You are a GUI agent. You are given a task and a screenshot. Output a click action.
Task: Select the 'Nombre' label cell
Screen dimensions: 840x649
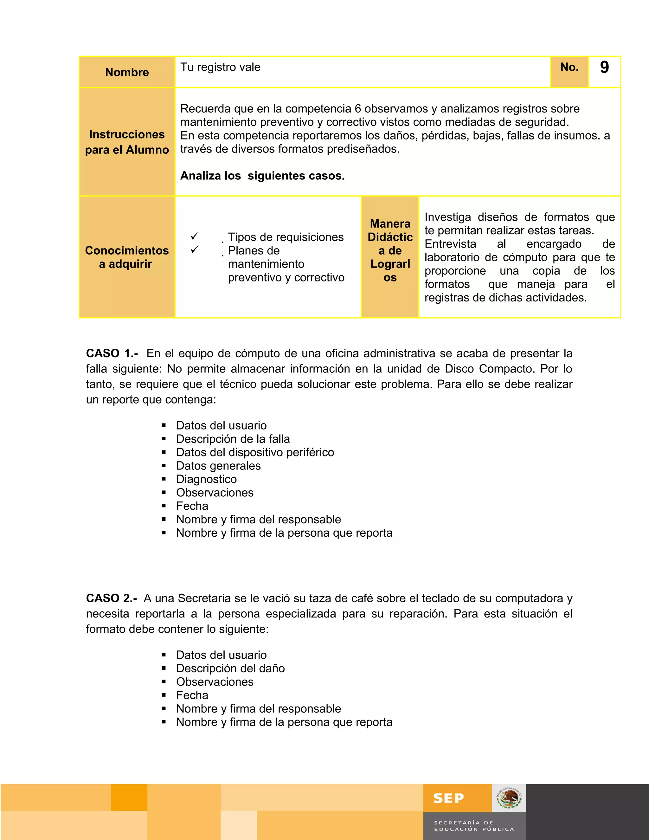[x=127, y=72]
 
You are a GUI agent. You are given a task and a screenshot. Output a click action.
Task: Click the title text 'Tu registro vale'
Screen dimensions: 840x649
[x=220, y=67]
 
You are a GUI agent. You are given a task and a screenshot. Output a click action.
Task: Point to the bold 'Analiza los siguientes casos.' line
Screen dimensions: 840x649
[x=262, y=176]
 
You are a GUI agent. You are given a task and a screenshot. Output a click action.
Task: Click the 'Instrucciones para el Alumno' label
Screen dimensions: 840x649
[x=127, y=142]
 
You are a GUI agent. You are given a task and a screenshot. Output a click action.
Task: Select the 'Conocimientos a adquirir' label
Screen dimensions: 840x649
[x=127, y=257]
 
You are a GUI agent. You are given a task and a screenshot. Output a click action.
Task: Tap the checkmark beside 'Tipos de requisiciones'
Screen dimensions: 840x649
[x=195, y=236]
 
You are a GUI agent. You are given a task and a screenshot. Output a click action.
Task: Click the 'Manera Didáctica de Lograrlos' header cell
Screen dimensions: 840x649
[x=390, y=250]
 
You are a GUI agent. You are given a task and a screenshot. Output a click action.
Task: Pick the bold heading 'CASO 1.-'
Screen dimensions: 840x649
[x=112, y=353]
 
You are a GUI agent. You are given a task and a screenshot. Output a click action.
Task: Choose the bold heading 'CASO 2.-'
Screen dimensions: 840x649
[x=112, y=598]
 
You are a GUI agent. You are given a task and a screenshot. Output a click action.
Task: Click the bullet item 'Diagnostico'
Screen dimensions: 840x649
[x=207, y=479]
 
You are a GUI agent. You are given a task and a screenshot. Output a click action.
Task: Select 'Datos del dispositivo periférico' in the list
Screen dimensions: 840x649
[x=255, y=452]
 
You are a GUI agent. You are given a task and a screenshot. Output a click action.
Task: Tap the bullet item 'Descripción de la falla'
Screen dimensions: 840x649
[x=233, y=439]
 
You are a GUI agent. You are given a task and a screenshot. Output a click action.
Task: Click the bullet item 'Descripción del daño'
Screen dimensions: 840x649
[x=230, y=669]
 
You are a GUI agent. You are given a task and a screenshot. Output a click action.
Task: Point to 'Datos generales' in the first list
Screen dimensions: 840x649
[x=218, y=466]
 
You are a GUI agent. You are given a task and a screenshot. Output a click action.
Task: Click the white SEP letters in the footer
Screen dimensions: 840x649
[x=449, y=798]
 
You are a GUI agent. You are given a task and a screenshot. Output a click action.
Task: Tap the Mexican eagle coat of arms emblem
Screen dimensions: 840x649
[x=509, y=798]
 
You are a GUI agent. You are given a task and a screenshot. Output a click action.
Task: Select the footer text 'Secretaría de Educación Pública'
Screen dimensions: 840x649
[x=474, y=826]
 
